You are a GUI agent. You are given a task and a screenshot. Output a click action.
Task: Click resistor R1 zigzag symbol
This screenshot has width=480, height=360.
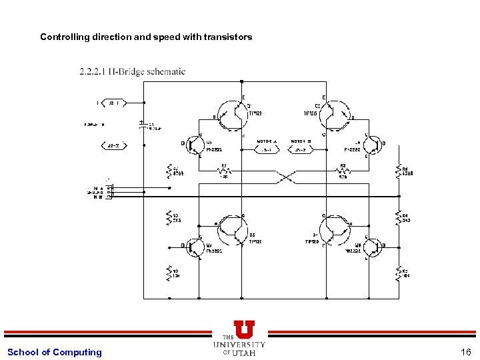(225, 171)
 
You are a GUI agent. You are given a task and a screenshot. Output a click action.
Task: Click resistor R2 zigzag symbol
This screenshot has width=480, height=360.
(343, 171)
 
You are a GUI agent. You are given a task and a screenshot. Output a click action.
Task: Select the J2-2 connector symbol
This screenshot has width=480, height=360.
(113, 145)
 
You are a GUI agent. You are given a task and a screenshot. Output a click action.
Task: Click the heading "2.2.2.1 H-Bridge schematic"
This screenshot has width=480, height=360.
(132, 71)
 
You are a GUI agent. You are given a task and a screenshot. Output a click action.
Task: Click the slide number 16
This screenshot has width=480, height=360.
(465, 352)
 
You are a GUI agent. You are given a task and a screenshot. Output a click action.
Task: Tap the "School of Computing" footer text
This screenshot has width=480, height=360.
(55, 352)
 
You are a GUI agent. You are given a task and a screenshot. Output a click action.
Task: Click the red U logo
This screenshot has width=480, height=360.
(244, 329)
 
